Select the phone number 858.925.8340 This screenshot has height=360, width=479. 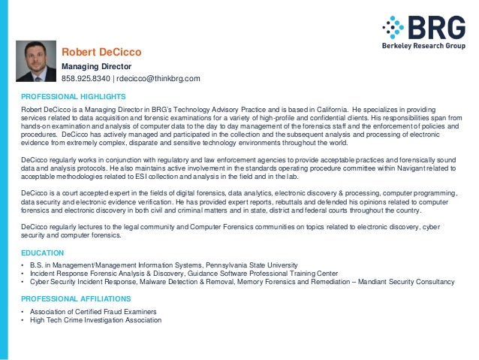pyautogui.click(x=86, y=79)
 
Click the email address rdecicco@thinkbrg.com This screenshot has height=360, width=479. pyautogui.click(x=158, y=79)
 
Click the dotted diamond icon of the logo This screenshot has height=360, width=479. pyautogui.click(x=393, y=29)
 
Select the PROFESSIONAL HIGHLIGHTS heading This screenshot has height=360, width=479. pyautogui.click(x=73, y=97)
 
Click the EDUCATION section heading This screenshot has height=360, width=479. pyautogui.click(x=43, y=253)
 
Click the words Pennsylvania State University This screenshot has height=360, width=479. pyautogui.click(x=255, y=266)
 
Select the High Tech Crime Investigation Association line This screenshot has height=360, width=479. pyautogui.click(x=95, y=321)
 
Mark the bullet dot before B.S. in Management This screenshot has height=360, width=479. pyautogui.click(x=23, y=266)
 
